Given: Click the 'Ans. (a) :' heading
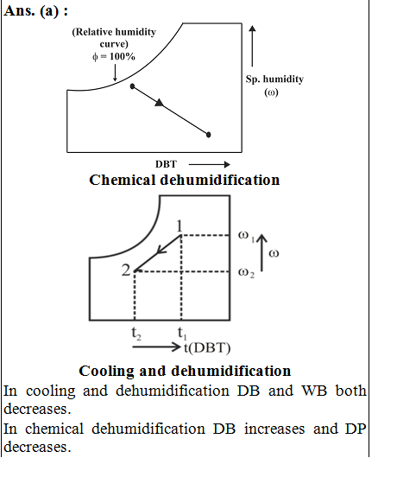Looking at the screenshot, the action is point(36,11).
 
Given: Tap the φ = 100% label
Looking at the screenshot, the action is point(114,56).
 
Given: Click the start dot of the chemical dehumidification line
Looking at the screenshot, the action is point(132,86).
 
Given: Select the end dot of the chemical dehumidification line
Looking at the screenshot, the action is point(208,135).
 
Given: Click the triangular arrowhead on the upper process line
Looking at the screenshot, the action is point(160,103).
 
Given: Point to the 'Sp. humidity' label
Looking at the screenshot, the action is point(274,79).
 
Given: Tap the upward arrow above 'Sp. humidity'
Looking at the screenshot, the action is point(252,46).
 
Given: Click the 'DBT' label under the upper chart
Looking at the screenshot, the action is point(166,164).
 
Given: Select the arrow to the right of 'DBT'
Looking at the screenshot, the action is point(209,164).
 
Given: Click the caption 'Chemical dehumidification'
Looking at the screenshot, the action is point(185,180).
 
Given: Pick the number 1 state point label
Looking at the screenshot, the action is point(180,226).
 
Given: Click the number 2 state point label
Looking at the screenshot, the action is point(126,270).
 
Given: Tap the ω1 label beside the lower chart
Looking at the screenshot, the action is point(246,236).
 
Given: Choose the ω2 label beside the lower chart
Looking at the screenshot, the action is point(246,272).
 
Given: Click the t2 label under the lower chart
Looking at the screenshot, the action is point(136,333).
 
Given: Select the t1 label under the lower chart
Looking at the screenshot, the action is point(182,333).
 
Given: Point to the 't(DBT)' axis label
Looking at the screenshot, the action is point(207,348).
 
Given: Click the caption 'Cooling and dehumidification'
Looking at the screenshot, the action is point(185,371).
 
